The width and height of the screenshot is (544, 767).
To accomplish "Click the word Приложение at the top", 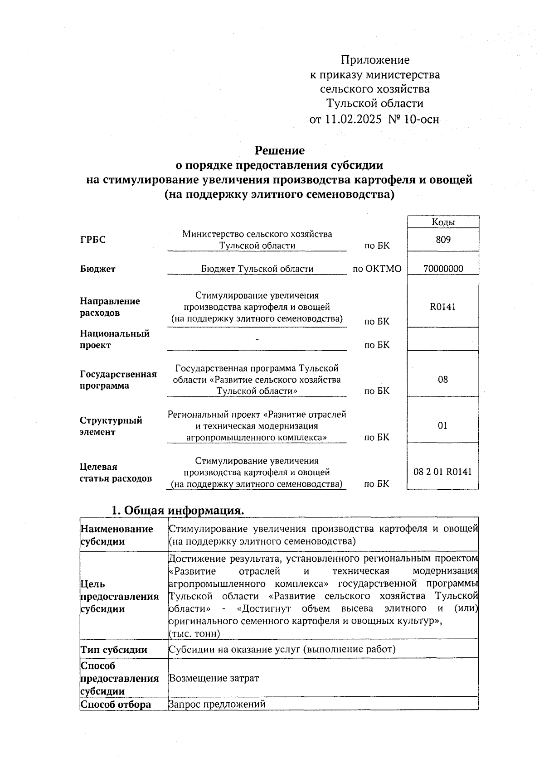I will (375, 60).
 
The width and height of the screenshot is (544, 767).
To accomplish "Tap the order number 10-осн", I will (423, 120).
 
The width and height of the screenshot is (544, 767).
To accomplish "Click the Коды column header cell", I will (443, 222).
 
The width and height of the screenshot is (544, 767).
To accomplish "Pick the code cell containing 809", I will (443, 240).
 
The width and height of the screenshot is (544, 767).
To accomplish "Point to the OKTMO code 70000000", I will (443, 269).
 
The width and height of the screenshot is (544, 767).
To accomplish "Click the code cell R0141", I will (443, 307).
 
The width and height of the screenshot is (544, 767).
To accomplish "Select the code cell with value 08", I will (443, 380).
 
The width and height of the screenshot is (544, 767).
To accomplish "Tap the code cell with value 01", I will (443, 425).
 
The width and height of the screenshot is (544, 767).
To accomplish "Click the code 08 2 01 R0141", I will (442, 472).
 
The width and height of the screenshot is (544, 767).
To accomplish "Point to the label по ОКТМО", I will (377, 269).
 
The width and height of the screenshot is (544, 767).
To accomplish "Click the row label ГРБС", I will (93, 240).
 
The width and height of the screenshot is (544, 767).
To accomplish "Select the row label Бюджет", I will (98, 269).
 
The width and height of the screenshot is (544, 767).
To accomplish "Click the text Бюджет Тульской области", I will (257, 269).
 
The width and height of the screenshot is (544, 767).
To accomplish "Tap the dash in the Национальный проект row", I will (257, 339).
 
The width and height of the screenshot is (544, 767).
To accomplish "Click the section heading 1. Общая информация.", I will (178, 510).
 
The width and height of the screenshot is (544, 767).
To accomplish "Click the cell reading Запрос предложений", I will (217, 704).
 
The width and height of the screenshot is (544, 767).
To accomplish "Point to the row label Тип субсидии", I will (114, 649).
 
